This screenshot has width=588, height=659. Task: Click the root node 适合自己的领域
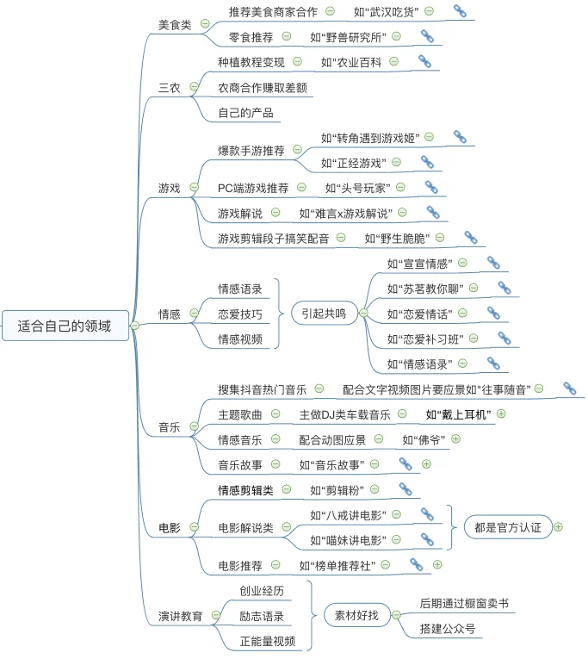pos(65,326)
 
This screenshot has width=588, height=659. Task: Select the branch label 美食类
pos(175,25)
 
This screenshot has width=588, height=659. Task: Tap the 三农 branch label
pos(170,88)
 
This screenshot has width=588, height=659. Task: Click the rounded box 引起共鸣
pos(324,313)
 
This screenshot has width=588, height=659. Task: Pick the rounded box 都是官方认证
pos(508,527)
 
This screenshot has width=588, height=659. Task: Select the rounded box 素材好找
pos(357,615)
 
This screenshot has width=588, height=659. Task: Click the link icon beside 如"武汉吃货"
pos(460,11)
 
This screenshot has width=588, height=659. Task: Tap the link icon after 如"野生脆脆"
pos(471,238)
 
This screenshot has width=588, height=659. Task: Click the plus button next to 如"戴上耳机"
pos(501,414)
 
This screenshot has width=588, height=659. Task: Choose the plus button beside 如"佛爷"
pos(455,439)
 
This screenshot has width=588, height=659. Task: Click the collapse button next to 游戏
pos(194,187)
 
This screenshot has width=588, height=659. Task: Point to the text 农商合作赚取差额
pos(263,88)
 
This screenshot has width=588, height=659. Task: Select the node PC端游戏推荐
pos(253,188)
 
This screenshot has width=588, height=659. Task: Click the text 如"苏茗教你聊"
pos(425,289)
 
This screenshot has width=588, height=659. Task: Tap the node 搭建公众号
pos(448,629)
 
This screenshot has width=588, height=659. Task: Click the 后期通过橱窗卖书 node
pos(464,604)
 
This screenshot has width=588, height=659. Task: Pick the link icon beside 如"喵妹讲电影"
pos(427,539)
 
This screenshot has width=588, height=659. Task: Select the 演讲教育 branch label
pos(181,616)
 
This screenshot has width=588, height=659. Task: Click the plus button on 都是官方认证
pos(558,527)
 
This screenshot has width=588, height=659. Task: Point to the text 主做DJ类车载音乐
pos(345,415)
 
